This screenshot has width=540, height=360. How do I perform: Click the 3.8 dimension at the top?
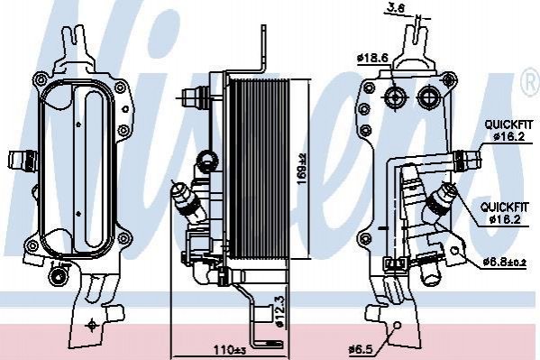396,8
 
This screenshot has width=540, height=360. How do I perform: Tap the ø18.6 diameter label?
372,59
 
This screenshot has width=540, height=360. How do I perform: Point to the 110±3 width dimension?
230,351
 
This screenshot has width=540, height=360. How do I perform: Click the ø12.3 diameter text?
279,310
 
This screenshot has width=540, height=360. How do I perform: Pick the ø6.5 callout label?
361,350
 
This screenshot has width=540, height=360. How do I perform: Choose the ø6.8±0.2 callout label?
504,262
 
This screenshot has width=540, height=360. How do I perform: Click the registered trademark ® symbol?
532,82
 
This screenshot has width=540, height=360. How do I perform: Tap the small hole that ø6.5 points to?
397,326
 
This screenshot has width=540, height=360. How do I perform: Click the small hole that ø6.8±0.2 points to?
455,251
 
